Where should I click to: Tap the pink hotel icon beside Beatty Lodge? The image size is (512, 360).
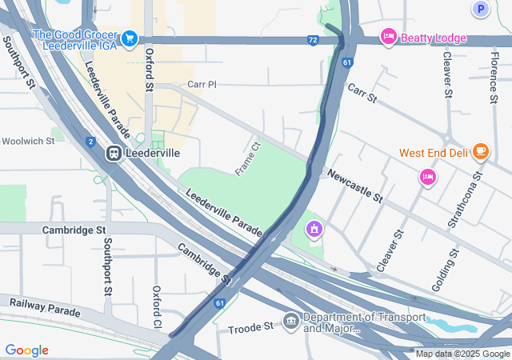389,36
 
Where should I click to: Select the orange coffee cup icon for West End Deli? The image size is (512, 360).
480,150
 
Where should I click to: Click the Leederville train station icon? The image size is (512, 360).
114,153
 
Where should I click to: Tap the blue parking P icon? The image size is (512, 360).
480,10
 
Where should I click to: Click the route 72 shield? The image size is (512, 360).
313,39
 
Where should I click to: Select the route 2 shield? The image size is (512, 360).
90,142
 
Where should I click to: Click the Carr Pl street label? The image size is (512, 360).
202,84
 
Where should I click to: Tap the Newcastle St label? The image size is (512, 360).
354,186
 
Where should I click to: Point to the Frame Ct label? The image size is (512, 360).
248,158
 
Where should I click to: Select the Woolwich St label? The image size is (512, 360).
28,141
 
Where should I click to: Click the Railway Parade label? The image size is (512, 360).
45,306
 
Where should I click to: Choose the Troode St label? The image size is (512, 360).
250,328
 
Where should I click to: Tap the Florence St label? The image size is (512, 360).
494,78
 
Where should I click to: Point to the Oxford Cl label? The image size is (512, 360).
157,306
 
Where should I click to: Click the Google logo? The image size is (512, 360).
26,350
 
